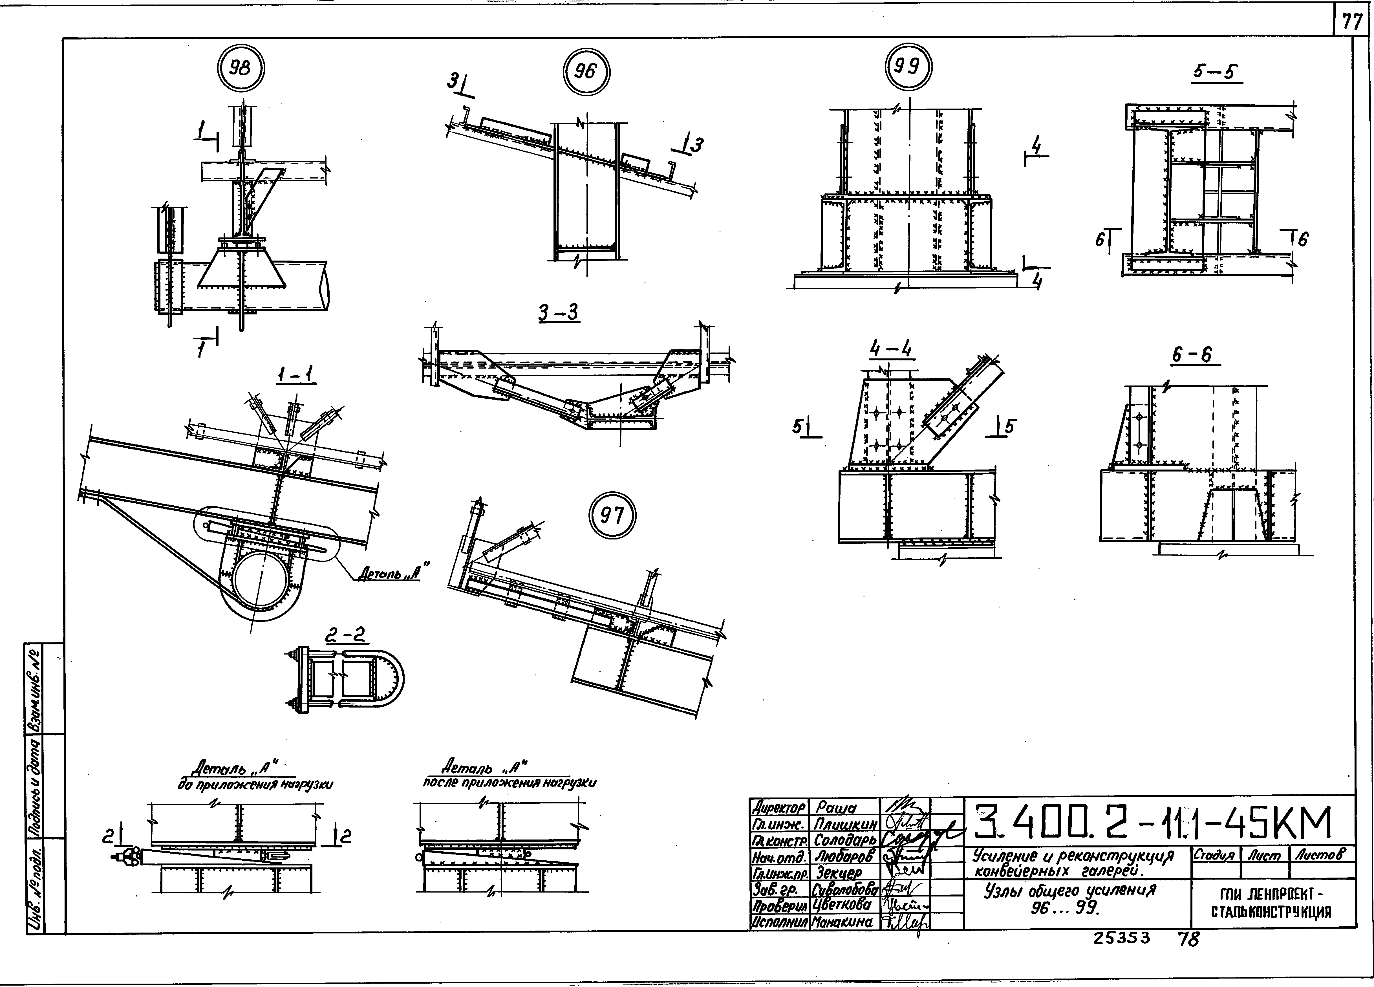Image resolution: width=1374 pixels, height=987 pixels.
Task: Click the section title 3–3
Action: [559, 313]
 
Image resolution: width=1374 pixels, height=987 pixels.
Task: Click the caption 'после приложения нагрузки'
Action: [509, 782]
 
